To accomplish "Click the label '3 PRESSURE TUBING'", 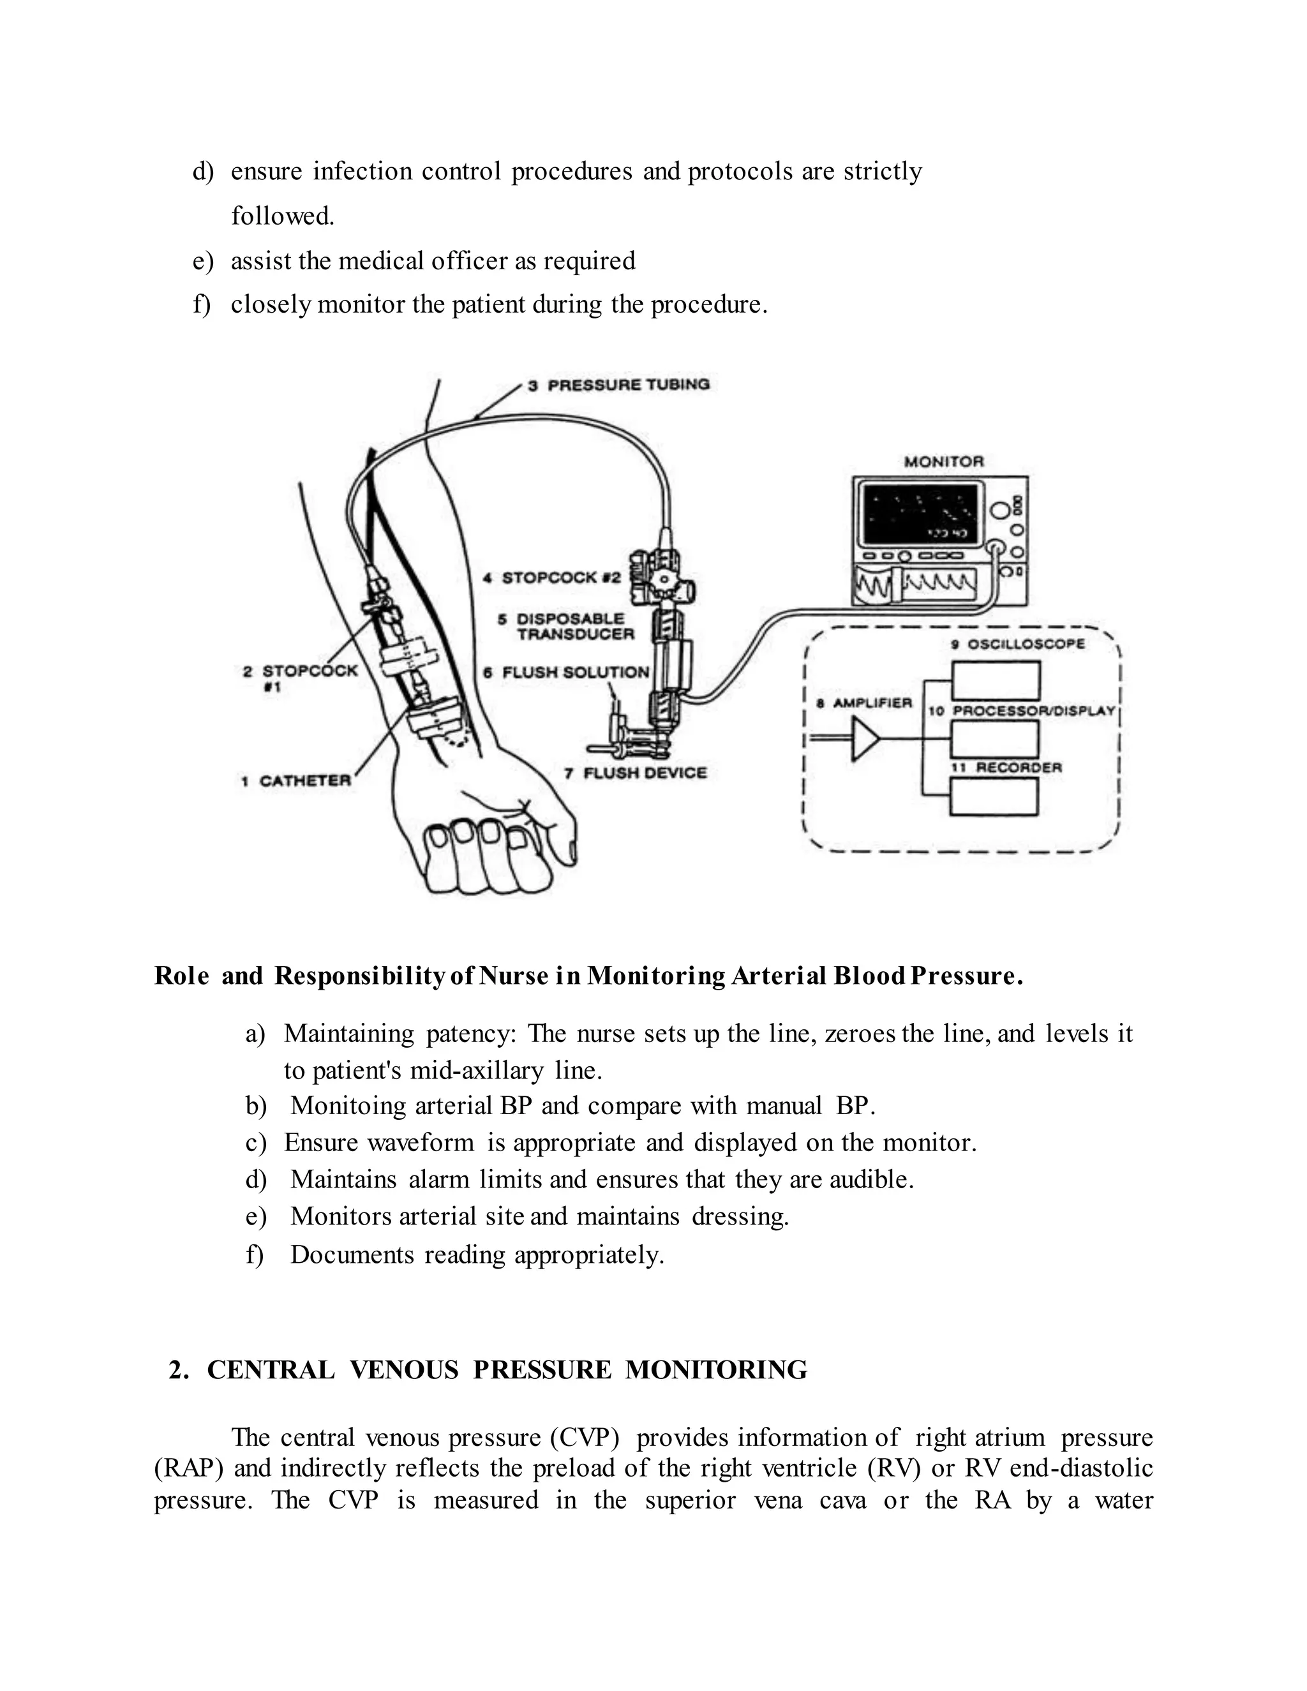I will [620, 385].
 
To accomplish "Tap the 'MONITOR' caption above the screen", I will [944, 461].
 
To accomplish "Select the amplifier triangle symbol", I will [865, 740].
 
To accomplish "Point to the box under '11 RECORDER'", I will [994, 796].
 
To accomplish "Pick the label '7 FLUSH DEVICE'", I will [636, 773].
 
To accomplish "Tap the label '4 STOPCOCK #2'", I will [552, 577].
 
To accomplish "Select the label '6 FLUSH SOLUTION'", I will [566, 672].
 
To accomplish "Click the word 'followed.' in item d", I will [283, 216].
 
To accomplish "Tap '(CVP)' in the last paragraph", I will [584, 1438].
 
